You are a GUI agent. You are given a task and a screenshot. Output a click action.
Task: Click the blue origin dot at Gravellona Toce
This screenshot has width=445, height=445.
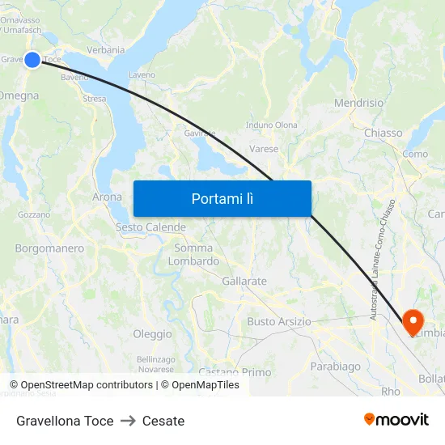pos(32,60)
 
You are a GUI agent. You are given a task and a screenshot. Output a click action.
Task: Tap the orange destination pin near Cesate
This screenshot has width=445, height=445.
pos(412,321)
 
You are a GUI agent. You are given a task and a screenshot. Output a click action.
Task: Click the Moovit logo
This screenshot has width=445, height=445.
pos(396,419)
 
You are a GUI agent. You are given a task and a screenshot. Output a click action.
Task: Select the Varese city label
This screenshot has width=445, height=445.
pos(264,149)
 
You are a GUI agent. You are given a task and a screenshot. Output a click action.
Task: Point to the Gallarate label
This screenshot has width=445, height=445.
pos(244,281)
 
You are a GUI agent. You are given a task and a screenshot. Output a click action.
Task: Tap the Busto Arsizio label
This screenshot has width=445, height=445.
pos(278,321)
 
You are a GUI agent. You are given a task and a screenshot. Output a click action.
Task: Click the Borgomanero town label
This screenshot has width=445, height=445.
pos(49,248)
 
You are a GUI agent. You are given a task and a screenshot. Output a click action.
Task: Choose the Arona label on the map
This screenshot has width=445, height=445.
pos(108,197)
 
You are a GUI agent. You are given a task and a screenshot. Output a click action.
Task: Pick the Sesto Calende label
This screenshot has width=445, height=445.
pos(150,227)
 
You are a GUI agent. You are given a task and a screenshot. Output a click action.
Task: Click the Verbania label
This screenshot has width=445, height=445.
pos(106,50)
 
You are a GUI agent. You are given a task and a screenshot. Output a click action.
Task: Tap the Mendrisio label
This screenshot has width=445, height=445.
pos(358,104)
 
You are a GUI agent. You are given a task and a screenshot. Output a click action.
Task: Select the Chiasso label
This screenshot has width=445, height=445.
pos(383,133)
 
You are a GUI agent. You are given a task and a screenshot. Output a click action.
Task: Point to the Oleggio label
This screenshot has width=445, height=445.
pos(152,333)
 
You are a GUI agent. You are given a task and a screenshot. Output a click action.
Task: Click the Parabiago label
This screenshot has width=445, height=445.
pos(335,367)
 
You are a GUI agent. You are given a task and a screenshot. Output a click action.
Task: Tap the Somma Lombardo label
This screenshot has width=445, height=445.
pos(193,255)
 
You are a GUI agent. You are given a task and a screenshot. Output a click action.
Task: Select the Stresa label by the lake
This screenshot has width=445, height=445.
pos(94,99)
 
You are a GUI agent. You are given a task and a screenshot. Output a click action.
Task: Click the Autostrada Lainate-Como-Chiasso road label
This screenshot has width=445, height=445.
pos(382,259)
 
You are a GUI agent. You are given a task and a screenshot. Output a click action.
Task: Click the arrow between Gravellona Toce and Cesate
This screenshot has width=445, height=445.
pos(128,421)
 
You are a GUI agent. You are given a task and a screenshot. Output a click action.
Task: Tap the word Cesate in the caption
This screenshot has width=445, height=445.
pos(163,421)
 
